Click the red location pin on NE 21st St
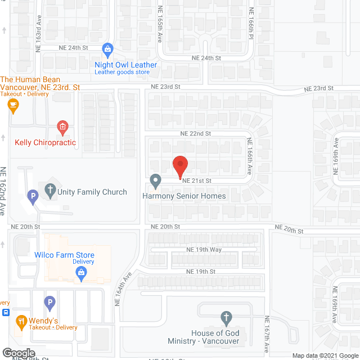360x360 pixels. coord(179,165)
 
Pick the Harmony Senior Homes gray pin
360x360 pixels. coord(156,181)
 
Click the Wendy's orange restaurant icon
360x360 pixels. coord(22,322)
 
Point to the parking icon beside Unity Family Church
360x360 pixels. coord(33,197)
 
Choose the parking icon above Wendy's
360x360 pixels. coord(49,303)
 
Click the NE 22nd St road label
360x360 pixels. coord(195,134)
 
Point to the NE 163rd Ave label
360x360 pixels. coord(39,38)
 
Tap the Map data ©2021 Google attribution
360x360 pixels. coord(325,355)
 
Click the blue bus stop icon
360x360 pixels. coord(6,312)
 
